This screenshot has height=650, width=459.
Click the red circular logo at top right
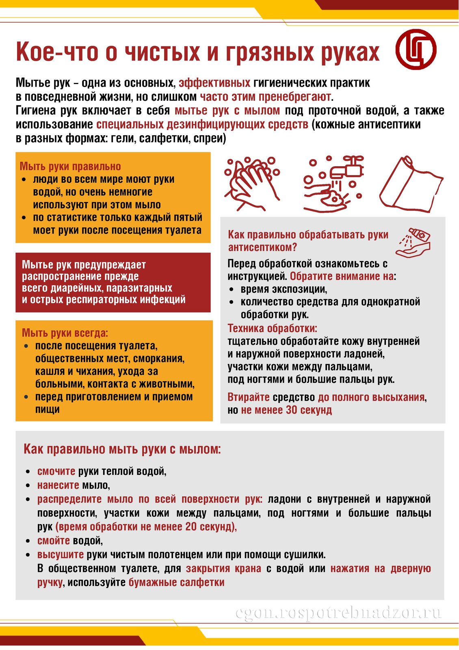pos(416,50)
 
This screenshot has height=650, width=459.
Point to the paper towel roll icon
pos(411,184)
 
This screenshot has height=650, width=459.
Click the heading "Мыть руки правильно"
pos(70,166)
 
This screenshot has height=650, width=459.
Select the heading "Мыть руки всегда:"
pos(65,333)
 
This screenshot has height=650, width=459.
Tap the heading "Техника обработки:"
pos(272,328)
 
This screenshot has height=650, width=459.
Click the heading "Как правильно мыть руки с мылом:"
pos(122,449)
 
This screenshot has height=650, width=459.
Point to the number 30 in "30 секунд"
pos(292,410)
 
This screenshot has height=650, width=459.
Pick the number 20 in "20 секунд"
pos(191,527)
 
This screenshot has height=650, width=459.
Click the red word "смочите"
pos(56,471)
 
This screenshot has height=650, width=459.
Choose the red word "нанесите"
pos(58,485)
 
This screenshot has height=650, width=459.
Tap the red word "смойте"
pos(54,541)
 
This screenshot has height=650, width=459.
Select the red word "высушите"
pos(61,555)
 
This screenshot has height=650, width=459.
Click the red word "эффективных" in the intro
pos(214,83)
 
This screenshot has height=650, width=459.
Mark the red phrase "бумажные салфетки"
pos(176,583)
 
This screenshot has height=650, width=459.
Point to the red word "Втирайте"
pos(249,397)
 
